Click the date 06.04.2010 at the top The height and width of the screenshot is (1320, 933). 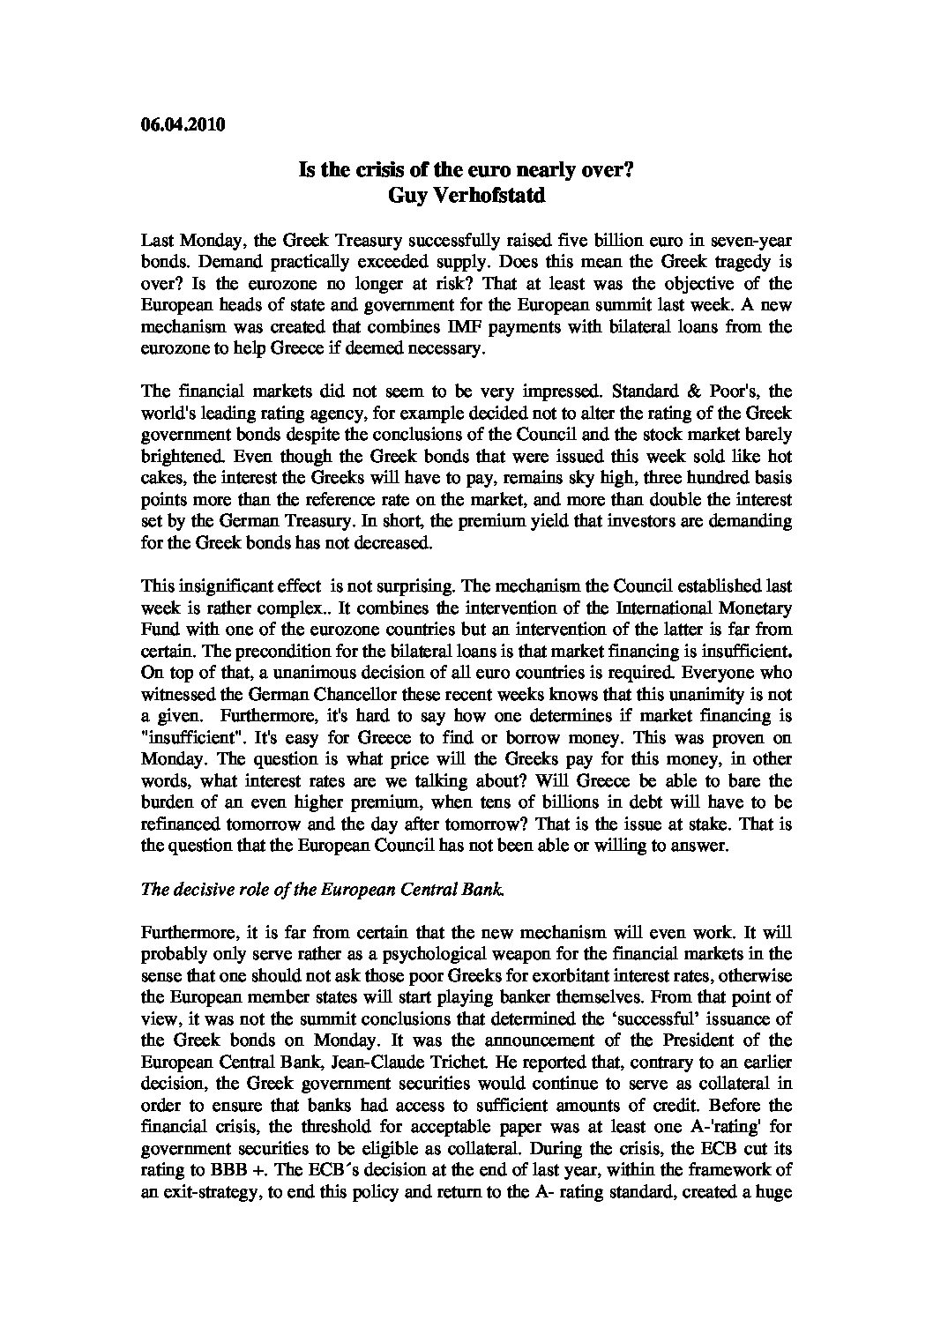183,124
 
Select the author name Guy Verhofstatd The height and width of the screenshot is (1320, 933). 466,196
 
